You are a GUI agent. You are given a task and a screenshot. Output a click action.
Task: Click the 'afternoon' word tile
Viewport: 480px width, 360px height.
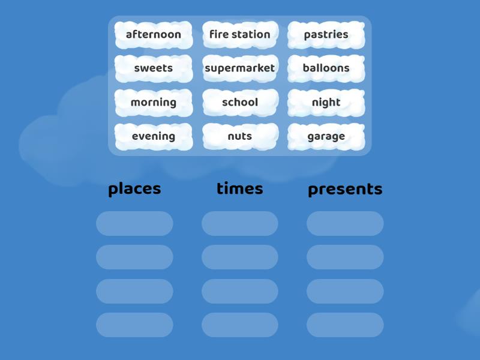[x=154, y=35]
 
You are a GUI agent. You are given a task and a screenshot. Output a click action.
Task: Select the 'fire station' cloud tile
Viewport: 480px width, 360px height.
[x=240, y=35]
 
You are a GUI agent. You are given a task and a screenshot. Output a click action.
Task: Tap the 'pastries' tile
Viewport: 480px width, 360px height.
[x=326, y=35]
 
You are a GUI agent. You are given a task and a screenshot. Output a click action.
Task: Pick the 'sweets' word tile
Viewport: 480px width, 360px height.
[x=154, y=68]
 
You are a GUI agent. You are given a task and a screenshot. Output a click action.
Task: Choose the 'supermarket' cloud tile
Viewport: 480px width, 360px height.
[x=240, y=68]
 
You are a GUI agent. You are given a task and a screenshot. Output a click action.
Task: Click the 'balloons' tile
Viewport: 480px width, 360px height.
[x=326, y=68]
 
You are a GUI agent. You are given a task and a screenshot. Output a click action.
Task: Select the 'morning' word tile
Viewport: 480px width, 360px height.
[x=154, y=103]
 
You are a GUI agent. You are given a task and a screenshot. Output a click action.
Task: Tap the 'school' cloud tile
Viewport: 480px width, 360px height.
[x=240, y=103]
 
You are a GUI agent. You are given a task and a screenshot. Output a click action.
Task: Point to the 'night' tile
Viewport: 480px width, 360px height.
[x=326, y=103]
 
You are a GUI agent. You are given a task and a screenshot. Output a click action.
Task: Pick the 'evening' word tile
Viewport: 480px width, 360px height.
[x=154, y=136]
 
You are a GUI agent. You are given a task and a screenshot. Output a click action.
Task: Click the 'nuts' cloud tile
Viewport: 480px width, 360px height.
[x=240, y=136]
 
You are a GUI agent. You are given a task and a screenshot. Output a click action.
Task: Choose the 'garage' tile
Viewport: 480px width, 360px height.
[x=326, y=136]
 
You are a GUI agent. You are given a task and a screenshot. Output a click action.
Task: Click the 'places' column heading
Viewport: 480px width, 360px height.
[x=134, y=188]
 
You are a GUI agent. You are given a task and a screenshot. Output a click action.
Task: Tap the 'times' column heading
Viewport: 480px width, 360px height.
[x=240, y=188]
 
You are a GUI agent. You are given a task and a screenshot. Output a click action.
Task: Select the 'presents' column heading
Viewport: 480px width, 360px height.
[x=345, y=189]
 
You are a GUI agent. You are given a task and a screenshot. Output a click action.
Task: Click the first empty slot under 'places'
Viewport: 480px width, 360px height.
[x=134, y=223]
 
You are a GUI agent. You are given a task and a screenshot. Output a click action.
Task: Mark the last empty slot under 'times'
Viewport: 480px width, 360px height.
[x=240, y=325]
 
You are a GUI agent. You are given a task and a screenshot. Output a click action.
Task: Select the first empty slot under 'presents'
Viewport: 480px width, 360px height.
[x=345, y=223]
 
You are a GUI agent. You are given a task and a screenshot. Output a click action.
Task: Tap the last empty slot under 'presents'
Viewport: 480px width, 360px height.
[x=345, y=325]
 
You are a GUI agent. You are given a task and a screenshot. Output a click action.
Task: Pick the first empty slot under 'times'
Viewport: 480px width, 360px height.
[x=240, y=223]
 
